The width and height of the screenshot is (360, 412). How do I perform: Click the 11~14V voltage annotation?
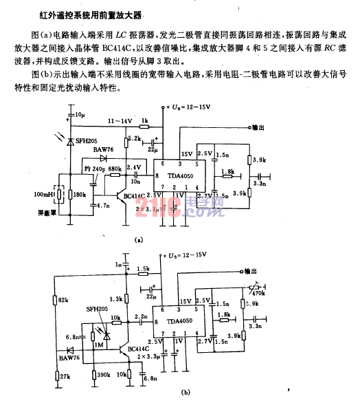tap(119, 122)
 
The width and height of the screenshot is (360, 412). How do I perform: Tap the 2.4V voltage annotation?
tap(133, 167)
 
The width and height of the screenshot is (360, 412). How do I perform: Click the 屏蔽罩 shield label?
tap(44, 215)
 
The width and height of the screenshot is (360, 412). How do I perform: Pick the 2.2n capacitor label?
tap(142, 316)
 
